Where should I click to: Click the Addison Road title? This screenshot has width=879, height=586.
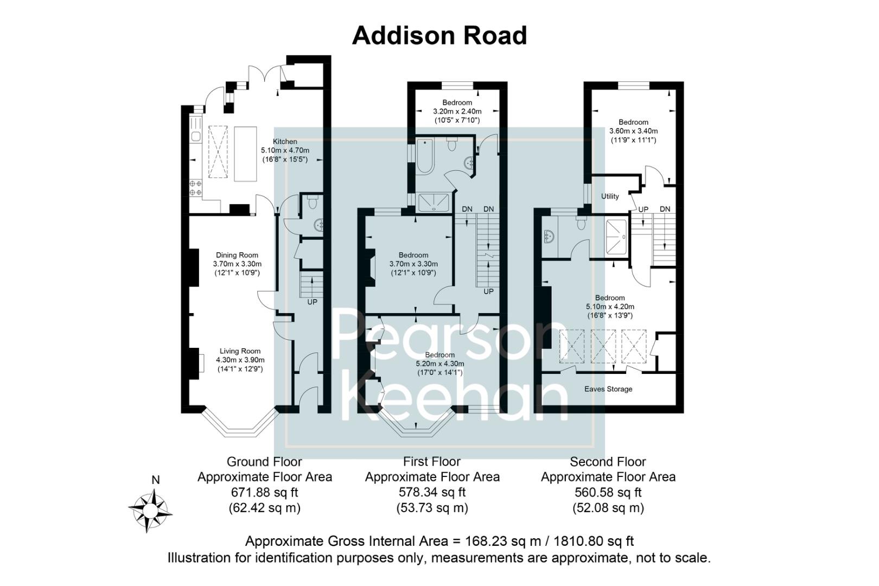[439, 36]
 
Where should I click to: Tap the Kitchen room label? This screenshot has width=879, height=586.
[285, 142]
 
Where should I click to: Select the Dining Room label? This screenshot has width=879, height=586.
[237, 255]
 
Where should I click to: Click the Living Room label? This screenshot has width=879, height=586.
[240, 351]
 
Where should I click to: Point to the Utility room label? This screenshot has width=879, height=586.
[610, 196]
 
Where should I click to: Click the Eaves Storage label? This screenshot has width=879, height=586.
[608, 389]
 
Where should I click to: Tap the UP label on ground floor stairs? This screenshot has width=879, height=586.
[312, 302]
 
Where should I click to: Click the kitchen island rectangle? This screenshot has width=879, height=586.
[245, 154]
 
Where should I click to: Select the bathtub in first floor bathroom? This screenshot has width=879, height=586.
[424, 156]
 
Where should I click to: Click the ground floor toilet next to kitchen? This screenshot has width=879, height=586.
[312, 202]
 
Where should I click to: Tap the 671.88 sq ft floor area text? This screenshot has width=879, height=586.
[264, 493]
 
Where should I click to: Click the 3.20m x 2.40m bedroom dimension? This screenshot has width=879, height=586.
[457, 111]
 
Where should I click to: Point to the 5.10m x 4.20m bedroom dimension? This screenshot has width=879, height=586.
[610, 307]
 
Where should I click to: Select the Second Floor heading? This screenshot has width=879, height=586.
[608, 462]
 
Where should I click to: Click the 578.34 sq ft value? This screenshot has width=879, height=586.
[432, 493]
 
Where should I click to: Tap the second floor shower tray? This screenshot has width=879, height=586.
[616, 237]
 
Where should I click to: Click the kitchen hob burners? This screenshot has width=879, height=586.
[195, 188]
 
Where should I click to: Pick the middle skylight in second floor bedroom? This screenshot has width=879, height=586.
[604, 347]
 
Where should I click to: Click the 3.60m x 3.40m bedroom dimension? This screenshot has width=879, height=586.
[633, 131]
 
